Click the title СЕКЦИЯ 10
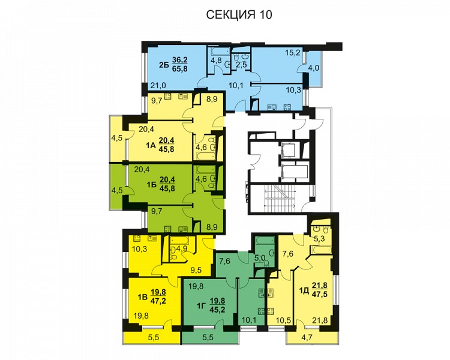(239, 14)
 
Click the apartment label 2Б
(164, 65)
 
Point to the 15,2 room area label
(293, 53)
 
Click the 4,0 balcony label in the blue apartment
(314, 68)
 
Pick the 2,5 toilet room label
(241, 65)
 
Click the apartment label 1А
(151, 146)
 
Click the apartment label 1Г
(202, 307)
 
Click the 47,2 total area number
(158, 301)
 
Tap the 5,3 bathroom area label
(319, 239)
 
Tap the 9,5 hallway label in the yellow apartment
(196, 269)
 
